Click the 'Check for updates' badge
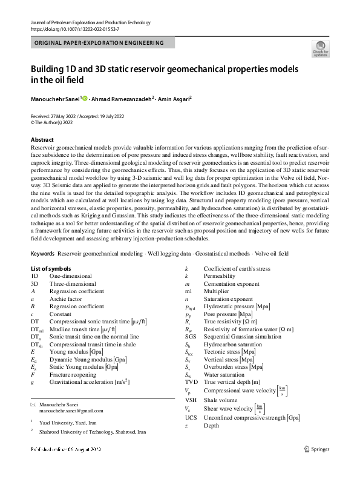click(321, 49)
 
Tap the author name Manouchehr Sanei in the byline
click(54, 98)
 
